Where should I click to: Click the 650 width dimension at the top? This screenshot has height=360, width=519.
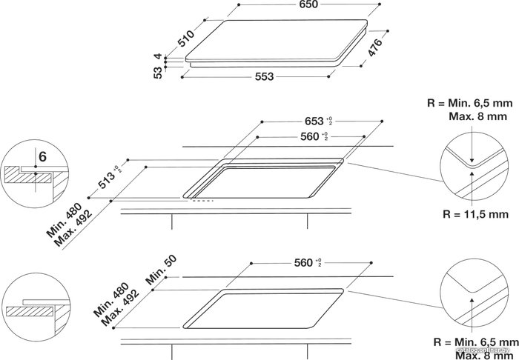(308, 4)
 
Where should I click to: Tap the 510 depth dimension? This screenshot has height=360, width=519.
(186, 39)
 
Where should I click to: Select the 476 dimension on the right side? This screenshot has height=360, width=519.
(375, 47)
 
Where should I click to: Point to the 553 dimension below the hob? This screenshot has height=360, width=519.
(265, 77)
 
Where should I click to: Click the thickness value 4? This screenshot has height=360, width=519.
(159, 56)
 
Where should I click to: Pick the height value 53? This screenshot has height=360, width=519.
(159, 73)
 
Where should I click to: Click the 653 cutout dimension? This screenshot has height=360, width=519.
(314, 121)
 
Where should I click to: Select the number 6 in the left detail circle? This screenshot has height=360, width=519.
(43, 157)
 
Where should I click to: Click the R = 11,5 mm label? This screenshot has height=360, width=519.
(475, 214)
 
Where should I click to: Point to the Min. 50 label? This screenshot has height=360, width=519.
(161, 270)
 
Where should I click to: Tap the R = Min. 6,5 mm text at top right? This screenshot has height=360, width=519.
(470, 103)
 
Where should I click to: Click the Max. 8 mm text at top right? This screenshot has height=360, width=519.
(478, 116)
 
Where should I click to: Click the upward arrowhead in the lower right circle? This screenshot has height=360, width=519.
(472, 300)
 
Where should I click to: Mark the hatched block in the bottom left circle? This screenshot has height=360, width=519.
(30, 312)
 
